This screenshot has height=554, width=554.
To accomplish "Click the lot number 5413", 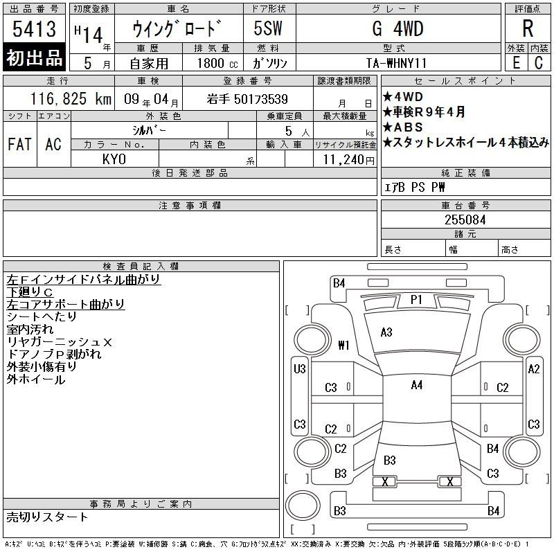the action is (x=34, y=29).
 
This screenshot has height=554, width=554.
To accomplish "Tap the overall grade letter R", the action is (x=528, y=28).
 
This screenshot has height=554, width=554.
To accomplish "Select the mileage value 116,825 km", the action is (x=71, y=99).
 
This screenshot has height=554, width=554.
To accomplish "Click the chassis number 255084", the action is (x=465, y=220).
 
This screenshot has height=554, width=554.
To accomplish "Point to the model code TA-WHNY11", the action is (x=396, y=63).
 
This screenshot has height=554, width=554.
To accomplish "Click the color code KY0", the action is (x=114, y=159).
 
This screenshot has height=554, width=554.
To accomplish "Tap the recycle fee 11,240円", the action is (x=349, y=160).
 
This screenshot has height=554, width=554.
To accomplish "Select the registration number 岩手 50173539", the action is (x=247, y=99).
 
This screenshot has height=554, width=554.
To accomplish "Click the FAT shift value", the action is (x=19, y=144).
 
